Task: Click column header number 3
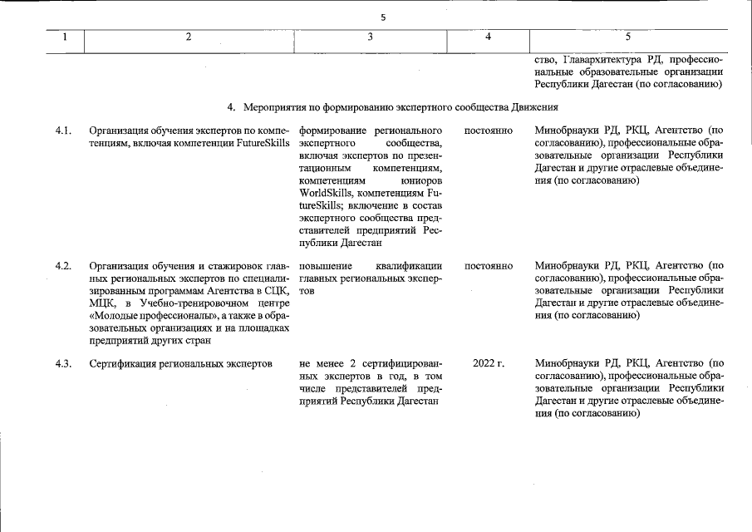[371, 37]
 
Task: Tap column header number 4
[488, 37]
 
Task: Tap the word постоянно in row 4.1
[489, 131]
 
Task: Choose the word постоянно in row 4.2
[489, 265]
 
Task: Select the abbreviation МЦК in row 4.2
[103, 303]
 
